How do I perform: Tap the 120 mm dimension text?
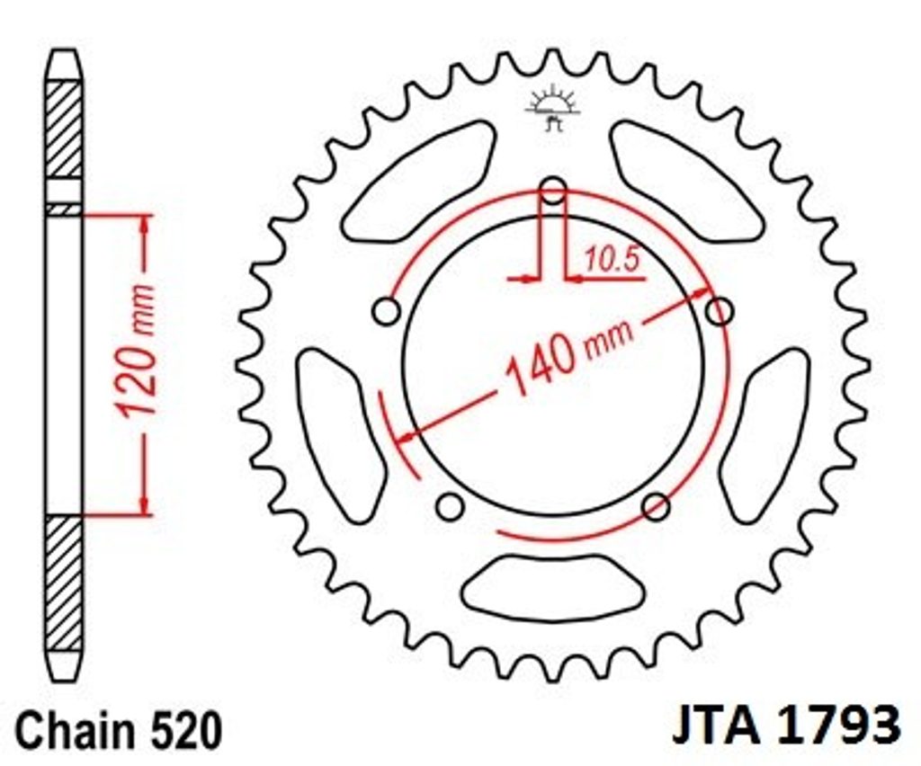(137, 349)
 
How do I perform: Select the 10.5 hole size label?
(611, 259)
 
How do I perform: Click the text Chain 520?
(119, 731)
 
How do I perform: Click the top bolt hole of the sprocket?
(553, 191)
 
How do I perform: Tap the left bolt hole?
(387, 311)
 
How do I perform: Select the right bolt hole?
(719, 311)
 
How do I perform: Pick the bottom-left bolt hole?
(450, 506)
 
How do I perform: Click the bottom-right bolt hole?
(656, 506)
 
